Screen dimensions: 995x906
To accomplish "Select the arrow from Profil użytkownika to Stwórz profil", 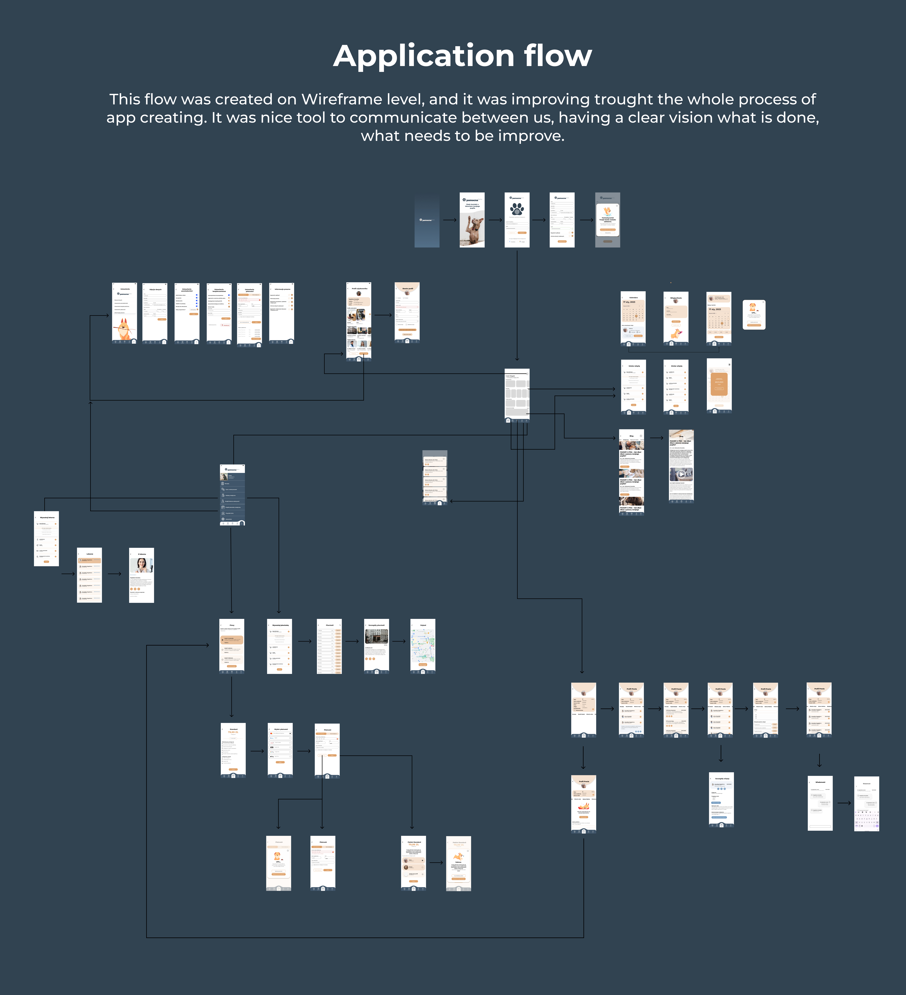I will pyautogui.click(x=383, y=314).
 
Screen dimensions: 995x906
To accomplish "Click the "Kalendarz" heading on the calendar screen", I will pyautogui.click(x=633, y=298).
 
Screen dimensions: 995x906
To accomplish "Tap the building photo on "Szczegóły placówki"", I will pyautogui.click(x=376, y=636).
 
